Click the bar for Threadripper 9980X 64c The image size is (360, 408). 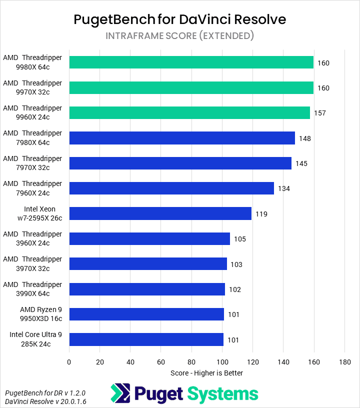coord(191,62)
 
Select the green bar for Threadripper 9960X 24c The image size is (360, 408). coord(189,112)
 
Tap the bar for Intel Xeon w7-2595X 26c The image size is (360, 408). coord(160,213)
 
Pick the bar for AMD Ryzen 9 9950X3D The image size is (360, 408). coord(146,314)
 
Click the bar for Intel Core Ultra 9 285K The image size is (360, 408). coord(146,339)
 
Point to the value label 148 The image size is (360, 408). coord(305,138)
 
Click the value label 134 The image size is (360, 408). coord(284,188)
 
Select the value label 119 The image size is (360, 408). coord(261,214)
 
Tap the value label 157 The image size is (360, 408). coord(319,113)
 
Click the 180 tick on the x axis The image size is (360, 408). coord(344,361)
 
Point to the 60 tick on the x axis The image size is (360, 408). coord(161,361)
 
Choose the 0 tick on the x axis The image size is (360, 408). coord(69,361)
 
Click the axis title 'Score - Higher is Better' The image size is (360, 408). coord(206,372)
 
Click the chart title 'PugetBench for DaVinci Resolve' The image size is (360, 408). coord(179,19)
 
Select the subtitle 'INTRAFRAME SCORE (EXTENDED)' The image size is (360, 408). coord(179,36)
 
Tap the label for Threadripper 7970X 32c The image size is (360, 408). coord(32,163)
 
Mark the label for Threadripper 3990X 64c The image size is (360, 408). coord(32,289)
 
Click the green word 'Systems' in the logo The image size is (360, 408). coord(222,393)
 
